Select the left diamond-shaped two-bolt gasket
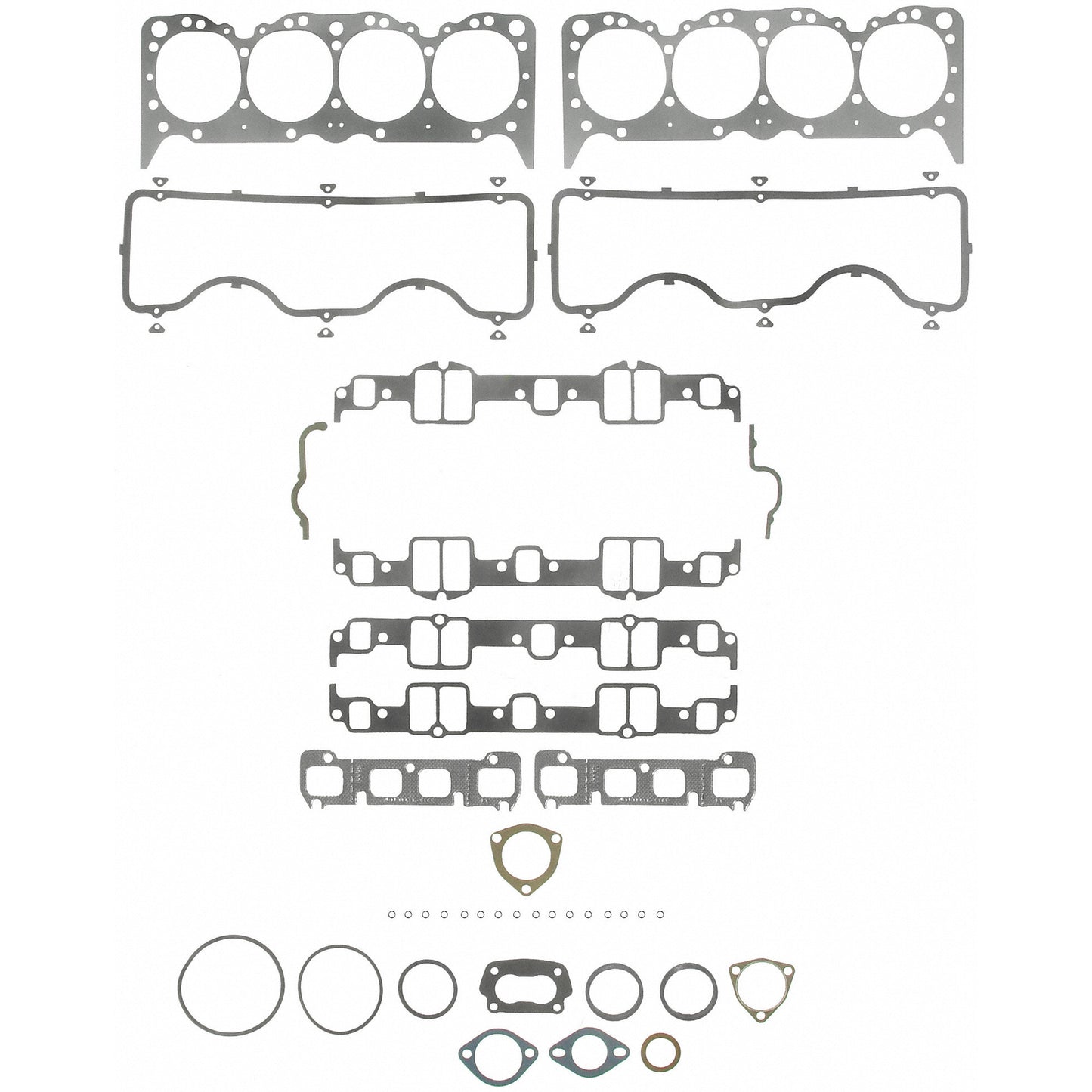tap(497, 1051)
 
